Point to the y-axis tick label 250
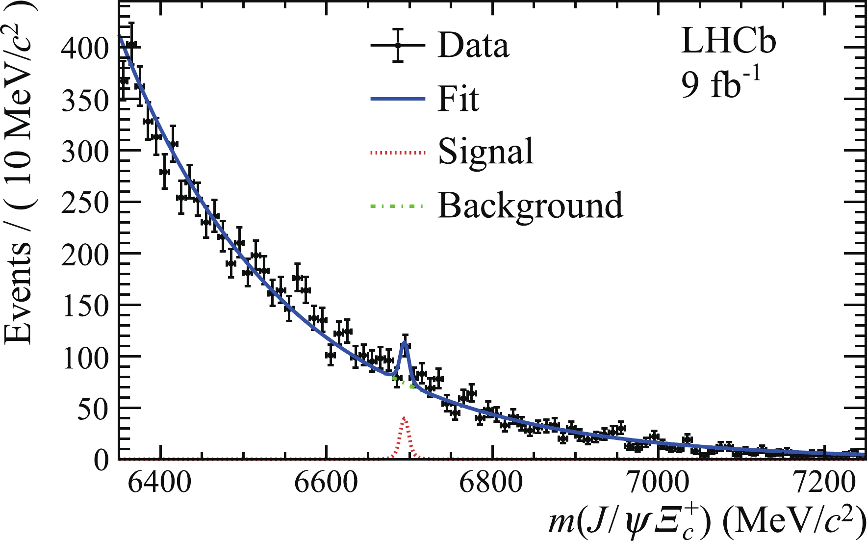point(84,203)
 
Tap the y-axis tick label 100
point(84,358)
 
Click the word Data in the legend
point(473,46)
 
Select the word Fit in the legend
point(458,99)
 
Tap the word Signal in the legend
point(485,152)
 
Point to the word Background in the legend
point(530,205)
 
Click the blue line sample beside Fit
point(397,99)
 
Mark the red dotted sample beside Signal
point(397,153)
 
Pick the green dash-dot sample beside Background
point(397,206)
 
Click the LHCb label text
point(729,41)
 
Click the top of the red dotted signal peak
point(404,417)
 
